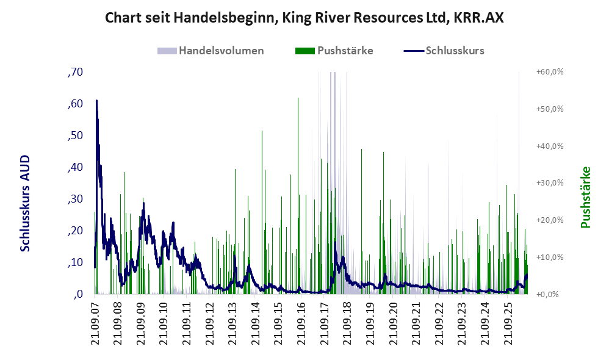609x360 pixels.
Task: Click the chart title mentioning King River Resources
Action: [304, 18]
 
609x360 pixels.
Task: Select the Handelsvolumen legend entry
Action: [211, 51]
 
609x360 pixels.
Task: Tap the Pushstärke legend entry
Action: [334, 51]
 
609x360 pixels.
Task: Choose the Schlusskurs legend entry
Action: [444, 51]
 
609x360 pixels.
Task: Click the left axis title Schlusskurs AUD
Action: [25, 203]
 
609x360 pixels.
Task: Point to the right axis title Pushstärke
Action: [585, 197]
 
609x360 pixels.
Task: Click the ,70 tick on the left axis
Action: [75, 72]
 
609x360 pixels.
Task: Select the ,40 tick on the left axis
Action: [75, 167]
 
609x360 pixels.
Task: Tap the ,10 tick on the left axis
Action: [75, 262]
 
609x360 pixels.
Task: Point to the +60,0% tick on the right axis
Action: [550, 72]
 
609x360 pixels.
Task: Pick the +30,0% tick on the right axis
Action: [550, 183]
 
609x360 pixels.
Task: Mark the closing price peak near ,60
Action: [96, 101]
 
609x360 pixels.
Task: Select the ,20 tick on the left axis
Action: [75, 231]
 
